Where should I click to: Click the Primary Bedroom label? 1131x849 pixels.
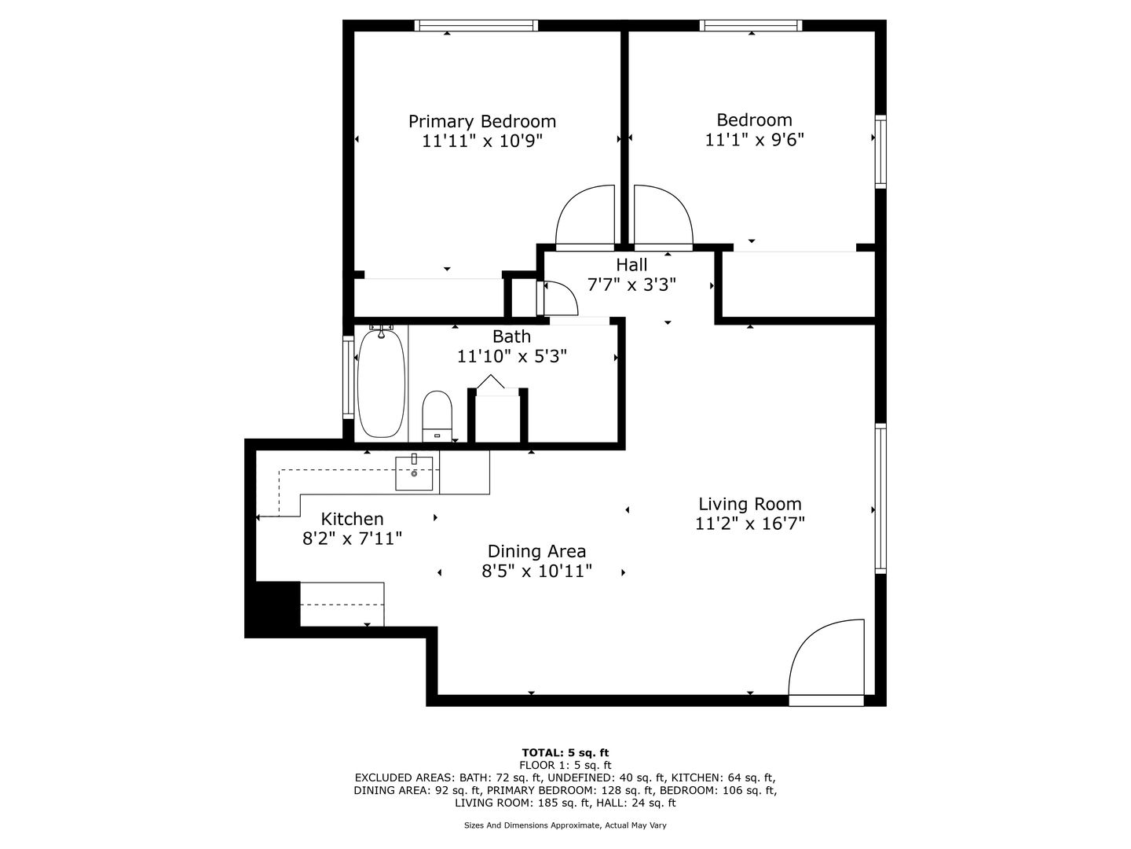point(482,122)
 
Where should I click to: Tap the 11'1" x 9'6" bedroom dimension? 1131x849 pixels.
point(754,140)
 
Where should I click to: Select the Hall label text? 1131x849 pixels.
point(631,265)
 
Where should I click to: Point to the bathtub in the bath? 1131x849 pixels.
point(381,384)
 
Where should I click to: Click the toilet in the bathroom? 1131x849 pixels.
point(437,417)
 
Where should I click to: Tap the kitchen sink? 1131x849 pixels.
point(414,472)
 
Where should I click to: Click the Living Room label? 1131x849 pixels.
point(750,504)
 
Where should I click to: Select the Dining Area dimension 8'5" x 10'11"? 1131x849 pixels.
point(537,572)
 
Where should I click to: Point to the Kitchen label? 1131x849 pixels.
point(352,519)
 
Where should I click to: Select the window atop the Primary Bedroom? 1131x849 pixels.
point(476,26)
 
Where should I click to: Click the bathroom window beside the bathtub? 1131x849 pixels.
point(349,378)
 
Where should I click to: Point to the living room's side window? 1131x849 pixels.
point(880,498)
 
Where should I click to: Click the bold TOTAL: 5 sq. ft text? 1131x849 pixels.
point(565,753)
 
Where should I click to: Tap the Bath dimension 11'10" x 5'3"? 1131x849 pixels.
point(512,356)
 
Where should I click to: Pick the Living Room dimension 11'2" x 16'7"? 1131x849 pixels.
point(750,524)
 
